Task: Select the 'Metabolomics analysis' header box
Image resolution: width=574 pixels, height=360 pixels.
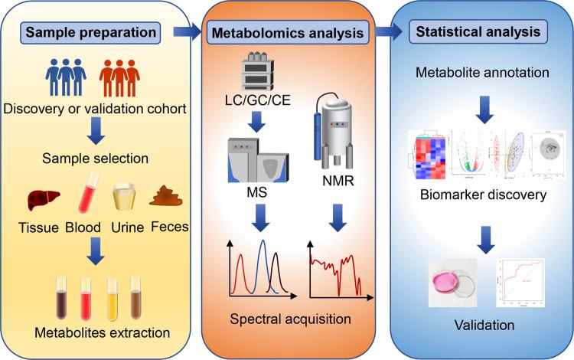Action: point(285,34)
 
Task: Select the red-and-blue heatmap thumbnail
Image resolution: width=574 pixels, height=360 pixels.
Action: point(418,150)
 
